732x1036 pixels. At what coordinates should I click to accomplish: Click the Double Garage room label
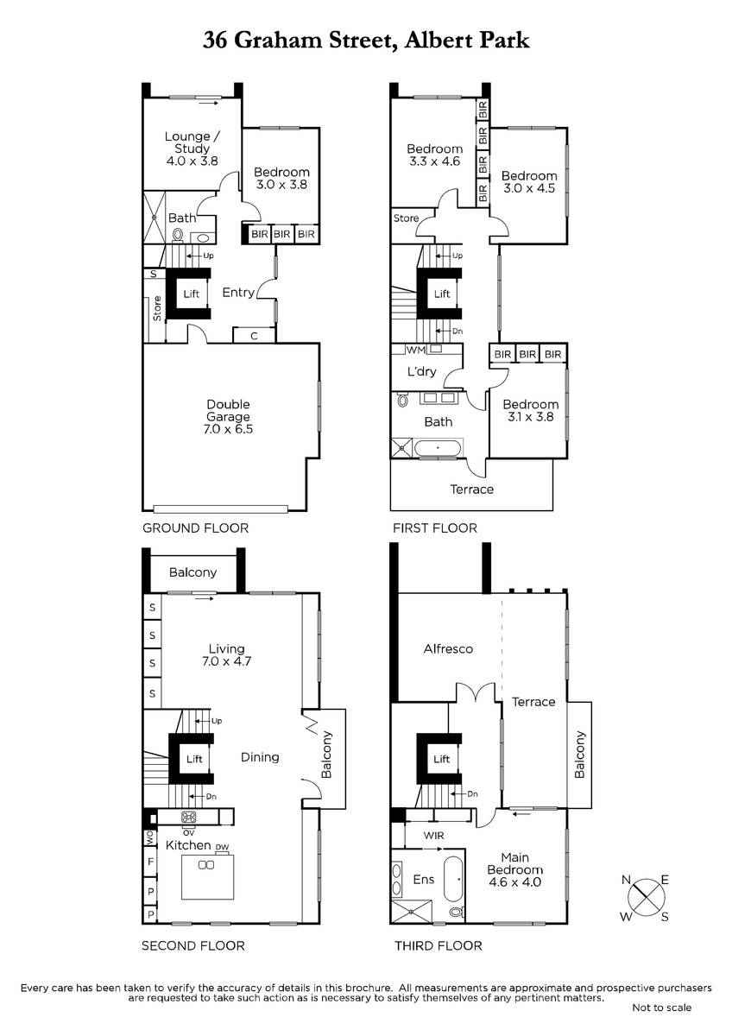tap(228, 410)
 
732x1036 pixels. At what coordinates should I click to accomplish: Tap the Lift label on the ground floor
tap(192, 294)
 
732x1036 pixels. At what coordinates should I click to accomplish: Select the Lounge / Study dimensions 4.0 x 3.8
tap(192, 161)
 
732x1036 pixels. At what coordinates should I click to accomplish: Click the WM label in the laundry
tap(415, 351)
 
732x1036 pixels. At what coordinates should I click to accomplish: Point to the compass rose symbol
tap(645, 898)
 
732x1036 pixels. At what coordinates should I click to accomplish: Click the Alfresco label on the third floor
tap(448, 649)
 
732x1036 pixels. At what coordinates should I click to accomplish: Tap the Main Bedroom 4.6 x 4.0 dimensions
tap(514, 882)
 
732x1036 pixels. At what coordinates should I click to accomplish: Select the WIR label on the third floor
tap(433, 836)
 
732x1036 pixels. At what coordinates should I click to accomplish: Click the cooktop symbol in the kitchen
tap(189, 817)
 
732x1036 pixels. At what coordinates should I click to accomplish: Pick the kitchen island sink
tap(206, 864)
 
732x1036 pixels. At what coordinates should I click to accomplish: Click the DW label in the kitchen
tap(222, 847)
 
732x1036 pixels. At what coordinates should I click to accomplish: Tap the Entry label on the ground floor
tap(238, 293)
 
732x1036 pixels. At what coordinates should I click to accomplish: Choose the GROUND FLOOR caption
tap(195, 528)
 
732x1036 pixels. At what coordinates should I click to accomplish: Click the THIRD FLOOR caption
tap(438, 946)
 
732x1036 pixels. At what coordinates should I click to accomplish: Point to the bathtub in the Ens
tap(453, 879)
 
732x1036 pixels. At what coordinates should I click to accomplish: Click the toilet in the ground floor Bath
tap(177, 236)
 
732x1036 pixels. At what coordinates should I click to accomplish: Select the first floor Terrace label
tap(471, 490)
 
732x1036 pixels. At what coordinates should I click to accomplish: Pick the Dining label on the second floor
tap(260, 758)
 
